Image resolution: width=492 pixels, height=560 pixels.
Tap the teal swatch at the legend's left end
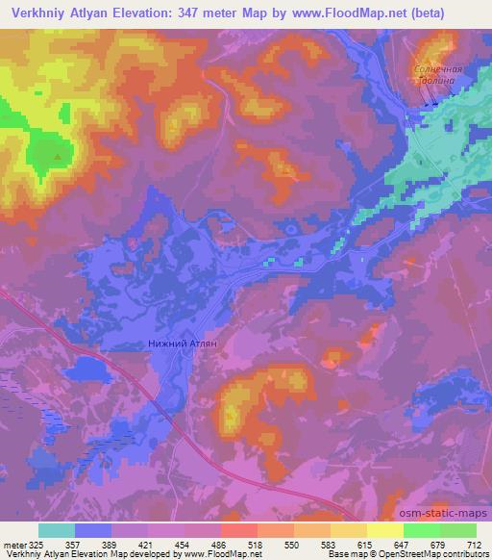click(x=56, y=530)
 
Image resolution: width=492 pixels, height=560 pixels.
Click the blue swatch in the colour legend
click(x=93, y=530)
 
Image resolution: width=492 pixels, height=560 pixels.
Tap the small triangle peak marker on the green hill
click(x=58, y=155)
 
